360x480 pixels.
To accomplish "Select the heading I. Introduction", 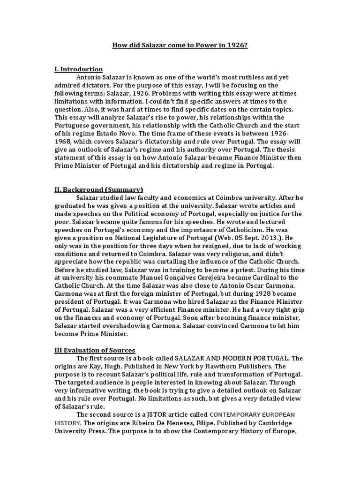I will pyautogui.click(x=78, y=69).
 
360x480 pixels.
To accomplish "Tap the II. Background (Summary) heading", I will pyautogui.click(x=98, y=189).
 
